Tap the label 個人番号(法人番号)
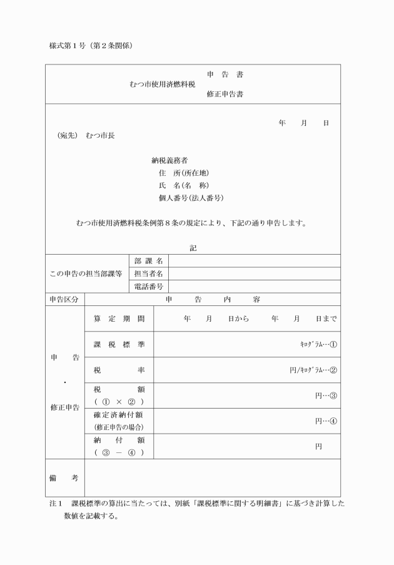pyautogui.click(x=191, y=198)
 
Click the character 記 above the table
pyautogui.click(x=193, y=248)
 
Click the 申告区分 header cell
pyautogui.click(x=65, y=300)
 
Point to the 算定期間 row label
pyautogui.click(x=119, y=318)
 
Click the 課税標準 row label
pyautogui.click(x=119, y=344)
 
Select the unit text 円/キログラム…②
pyautogui.click(x=313, y=370)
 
